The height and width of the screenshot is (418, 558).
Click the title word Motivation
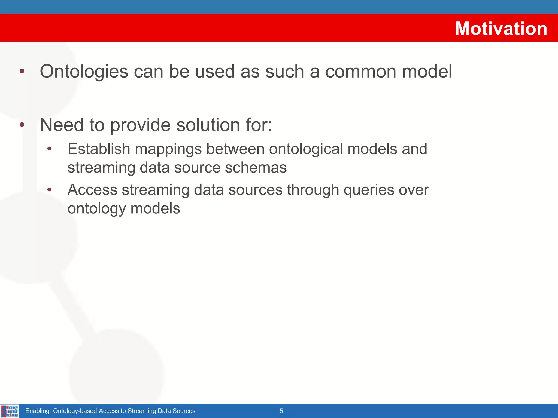(x=501, y=29)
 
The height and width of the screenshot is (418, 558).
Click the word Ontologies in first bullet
(x=84, y=72)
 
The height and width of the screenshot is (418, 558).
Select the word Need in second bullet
(x=62, y=125)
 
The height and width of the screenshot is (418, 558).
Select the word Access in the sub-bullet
(x=92, y=190)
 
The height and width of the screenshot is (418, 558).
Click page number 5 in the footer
(x=281, y=411)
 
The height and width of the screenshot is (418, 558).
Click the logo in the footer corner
(x=10, y=411)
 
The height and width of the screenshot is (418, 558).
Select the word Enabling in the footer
(x=37, y=411)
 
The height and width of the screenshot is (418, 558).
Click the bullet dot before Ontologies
(x=22, y=72)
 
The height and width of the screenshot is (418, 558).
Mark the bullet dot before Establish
(x=49, y=149)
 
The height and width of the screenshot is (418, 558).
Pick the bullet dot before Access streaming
(x=49, y=189)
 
